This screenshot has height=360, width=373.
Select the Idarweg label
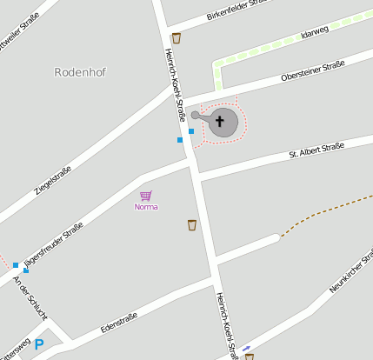coord(314,33)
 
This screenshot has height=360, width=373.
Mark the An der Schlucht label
coord(30,298)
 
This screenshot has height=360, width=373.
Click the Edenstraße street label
coord(119,321)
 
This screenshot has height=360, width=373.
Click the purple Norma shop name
coord(146,207)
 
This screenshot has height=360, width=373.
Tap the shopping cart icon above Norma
coord(146,196)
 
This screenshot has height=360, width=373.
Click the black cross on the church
coord(220,122)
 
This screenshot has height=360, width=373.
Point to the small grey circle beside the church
coord(196,115)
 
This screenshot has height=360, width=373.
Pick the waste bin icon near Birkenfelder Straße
coord(177,37)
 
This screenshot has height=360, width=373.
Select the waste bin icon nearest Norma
coord(192,225)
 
